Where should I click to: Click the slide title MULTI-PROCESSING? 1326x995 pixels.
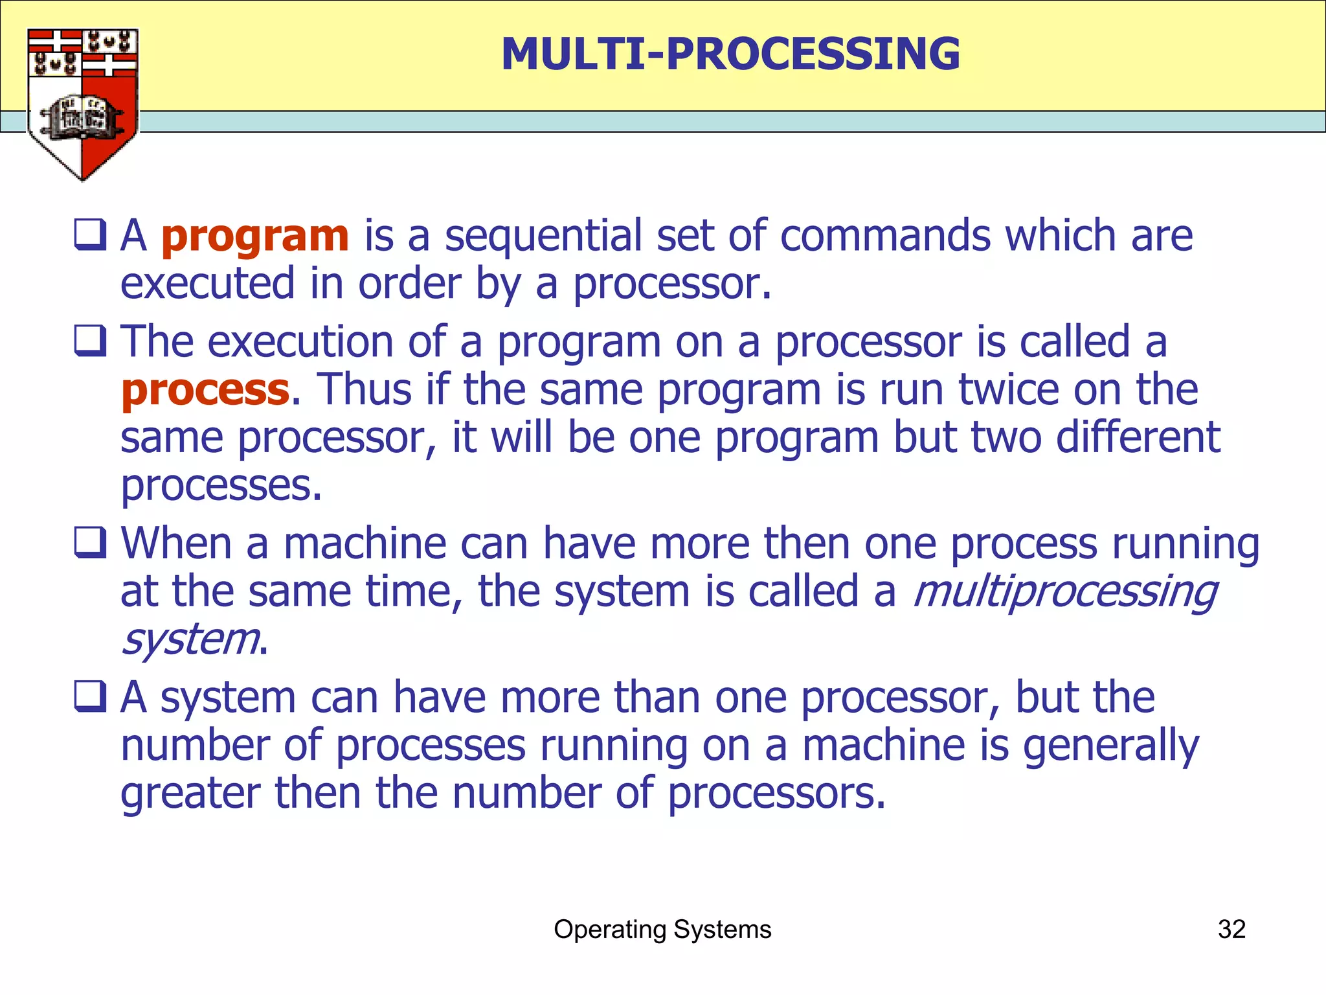pyautogui.click(x=730, y=54)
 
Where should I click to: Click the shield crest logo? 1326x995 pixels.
pyautogui.click(x=82, y=104)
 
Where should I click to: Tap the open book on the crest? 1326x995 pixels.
pyautogui.click(x=82, y=117)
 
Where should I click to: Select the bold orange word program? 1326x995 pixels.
pyautogui.click(x=254, y=236)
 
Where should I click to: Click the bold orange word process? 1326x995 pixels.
pyautogui.click(x=205, y=391)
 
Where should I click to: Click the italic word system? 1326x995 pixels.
pyautogui.click(x=190, y=640)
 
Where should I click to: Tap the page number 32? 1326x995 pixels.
pyautogui.click(x=1231, y=930)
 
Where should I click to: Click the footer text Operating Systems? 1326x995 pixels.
pyautogui.click(x=662, y=930)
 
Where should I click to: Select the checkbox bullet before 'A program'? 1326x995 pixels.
pyautogui.click(x=90, y=234)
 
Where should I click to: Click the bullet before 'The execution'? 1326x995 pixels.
pyautogui.click(x=90, y=341)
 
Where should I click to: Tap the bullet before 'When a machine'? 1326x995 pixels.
pyautogui.click(x=90, y=542)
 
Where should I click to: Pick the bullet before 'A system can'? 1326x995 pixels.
pyautogui.click(x=90, y=696)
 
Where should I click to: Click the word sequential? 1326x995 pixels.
pyautogui.click(x=543, y=236)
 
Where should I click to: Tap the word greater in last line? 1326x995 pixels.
pyautogui.click(x=190, y=795)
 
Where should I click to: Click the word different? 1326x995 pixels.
pyautogui.click(x=1138, y=437)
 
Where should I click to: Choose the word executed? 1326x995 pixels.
pyautogui.click(x=207, y=284)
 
